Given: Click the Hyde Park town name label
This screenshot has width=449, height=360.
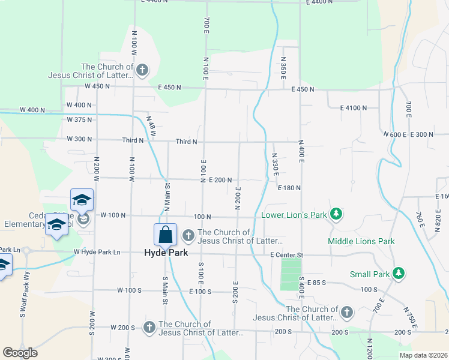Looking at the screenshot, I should pyautogui.click(x=166, y=253).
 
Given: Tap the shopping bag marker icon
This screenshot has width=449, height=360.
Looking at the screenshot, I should pyautogui.click(x=165, y=235).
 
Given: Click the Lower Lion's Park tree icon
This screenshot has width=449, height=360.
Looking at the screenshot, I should pyautogui.click(x=337, y=214).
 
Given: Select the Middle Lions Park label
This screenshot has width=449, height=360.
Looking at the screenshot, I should pyautogui.click(x=361, y=241).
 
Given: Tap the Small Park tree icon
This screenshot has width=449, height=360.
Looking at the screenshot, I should pyautogui.click(x=397, y=274).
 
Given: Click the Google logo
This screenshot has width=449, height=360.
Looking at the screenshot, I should pyautogui.click(x=20, y=353).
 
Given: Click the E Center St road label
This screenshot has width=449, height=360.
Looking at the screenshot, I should pyautogui.click(x=287, y=256).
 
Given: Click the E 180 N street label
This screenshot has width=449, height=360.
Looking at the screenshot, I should pyautogui.click(x=289, y=188).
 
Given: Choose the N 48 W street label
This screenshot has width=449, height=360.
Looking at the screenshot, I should pyautogui.click(x=150, y=127).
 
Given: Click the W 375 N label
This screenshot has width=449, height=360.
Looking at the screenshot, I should pyautogui.click(x=80, y=119).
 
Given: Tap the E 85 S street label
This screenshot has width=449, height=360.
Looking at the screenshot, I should pyautogui.click(x=318, y=283).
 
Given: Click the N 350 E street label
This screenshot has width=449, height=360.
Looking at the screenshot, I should pyautogui.click(x=283, y=69).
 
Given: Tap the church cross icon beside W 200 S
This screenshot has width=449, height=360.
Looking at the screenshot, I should pyautogui.click(x=149, y=327).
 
